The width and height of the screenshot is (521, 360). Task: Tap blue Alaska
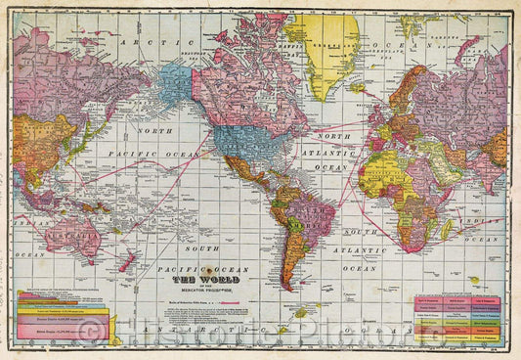(x=175, y=83)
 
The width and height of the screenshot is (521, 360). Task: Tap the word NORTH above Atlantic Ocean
(x=336, y=137)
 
